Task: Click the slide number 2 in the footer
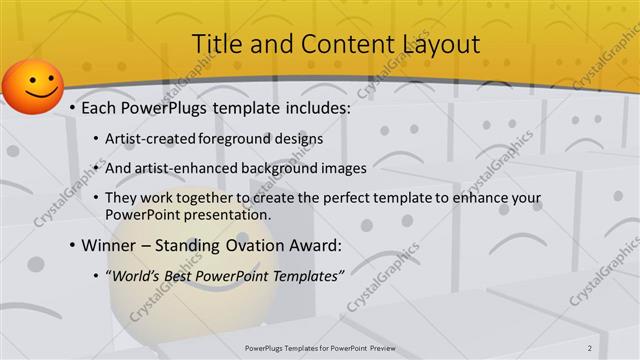click(x=590, y=347)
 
